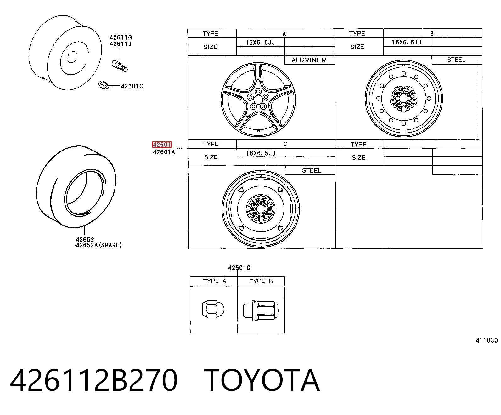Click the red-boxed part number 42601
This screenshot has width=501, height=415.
(x=162, y=145)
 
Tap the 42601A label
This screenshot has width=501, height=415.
(x=164, y=152)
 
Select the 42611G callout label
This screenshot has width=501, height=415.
(x=121, y=37)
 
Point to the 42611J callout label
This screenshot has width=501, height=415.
(x=121, y=44)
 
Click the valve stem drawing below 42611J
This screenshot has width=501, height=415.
(x=120, y=66)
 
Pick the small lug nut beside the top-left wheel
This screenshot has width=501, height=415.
(x=104, y=85)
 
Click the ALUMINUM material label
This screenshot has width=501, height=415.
(x=309, y=60)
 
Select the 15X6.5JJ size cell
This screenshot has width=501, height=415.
(x=407, y=42)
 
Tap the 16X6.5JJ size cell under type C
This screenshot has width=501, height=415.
(x=261, y=153)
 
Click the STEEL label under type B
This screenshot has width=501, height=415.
(x=456, y=60)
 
